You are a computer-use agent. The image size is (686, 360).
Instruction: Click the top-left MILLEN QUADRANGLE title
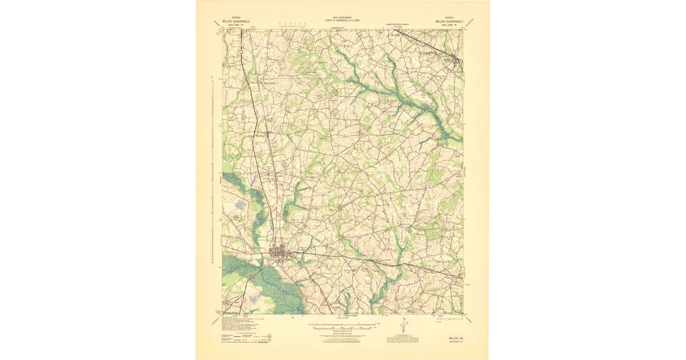(x=237, y=21)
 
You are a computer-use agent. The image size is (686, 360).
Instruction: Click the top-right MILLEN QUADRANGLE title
(x=449, y=21)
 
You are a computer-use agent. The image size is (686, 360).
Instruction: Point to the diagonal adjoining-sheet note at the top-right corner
(x=469, y=22)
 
